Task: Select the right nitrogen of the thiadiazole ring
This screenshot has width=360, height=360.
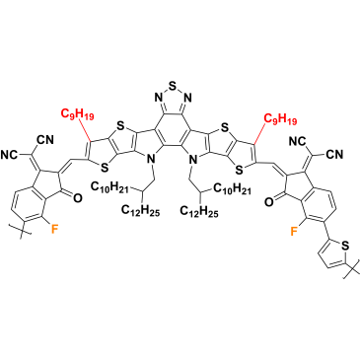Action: [x=187, y=98]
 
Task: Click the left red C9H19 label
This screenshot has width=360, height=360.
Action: [x=78, y=114]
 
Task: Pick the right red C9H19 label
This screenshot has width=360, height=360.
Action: [x=280, y=119]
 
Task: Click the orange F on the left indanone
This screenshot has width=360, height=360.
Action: [x=55, y=229]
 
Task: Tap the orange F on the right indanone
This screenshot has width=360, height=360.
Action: [x=294, y=232]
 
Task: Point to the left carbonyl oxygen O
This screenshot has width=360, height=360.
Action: [x=78, y=197]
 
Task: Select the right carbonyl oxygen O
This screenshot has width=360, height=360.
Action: [x=269, y=201]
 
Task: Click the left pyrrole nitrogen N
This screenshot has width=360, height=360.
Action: [x=151, y=160]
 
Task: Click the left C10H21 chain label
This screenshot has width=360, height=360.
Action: [x=108, y=187]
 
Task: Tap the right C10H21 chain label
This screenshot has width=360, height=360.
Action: [x=233, y=188]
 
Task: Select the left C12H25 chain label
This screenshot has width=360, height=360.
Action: [x=141, y=210]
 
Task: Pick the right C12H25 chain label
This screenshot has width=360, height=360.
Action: [x=199, y=211]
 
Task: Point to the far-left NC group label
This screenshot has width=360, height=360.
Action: [x=10, y=154]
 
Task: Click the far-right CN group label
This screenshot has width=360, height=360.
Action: [x=334, y=154]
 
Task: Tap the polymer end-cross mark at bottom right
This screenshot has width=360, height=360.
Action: [x=351, y=271]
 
